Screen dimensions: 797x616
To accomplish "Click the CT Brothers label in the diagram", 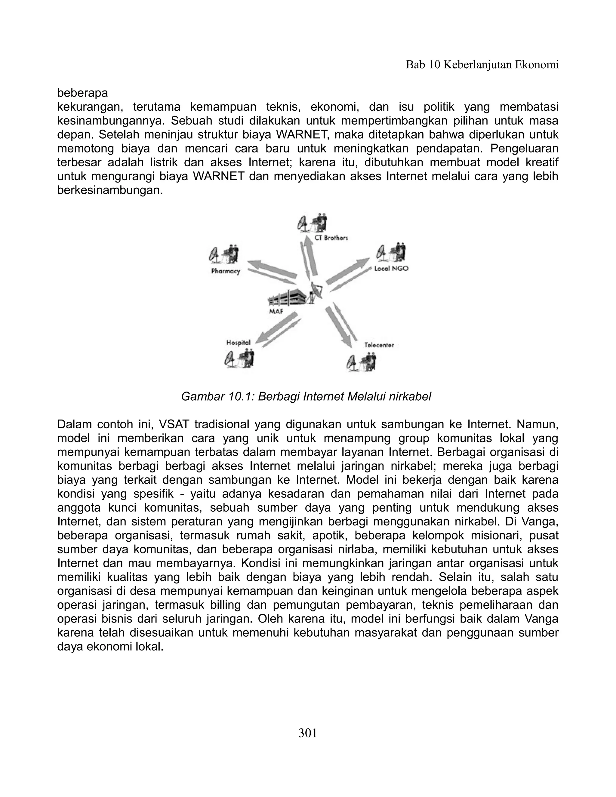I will [331, 238].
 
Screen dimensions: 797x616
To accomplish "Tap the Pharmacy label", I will [226, 271].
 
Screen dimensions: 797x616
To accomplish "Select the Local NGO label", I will [392, 269].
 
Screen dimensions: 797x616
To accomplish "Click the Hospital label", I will [238, 343].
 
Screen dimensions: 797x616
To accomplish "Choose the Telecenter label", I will [379, 345].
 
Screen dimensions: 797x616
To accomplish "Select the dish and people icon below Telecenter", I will [361, 362].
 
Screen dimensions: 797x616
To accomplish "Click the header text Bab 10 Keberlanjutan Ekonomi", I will [482, 65].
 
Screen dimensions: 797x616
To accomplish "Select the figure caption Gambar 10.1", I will [306, 396].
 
